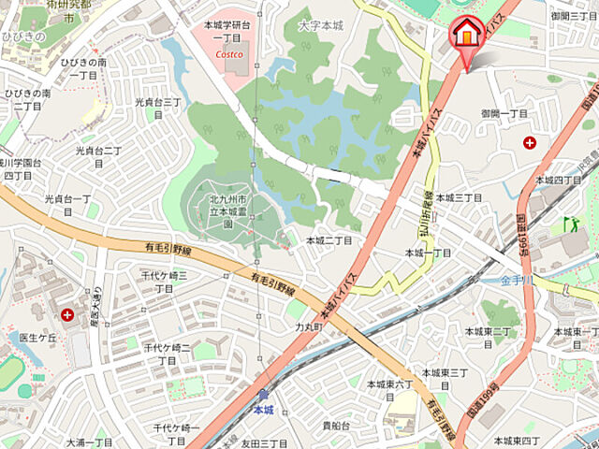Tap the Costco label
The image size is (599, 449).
click(228, 54)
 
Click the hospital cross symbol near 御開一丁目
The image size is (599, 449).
click(531, 142)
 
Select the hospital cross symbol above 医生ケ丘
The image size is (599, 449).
click(67, 314)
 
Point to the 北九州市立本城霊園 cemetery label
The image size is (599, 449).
click(214, 211)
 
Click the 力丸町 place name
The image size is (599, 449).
click(308, 327)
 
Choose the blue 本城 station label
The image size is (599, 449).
click(264, 411)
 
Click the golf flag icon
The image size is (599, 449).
click(570, 224)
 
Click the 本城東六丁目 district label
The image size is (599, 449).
click(389, 384)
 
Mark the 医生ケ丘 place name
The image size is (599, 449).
click(38, 338)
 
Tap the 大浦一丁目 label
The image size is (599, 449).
click(89, 442)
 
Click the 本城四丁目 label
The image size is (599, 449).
click(558, 179)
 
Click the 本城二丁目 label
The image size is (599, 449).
click(330, 240)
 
